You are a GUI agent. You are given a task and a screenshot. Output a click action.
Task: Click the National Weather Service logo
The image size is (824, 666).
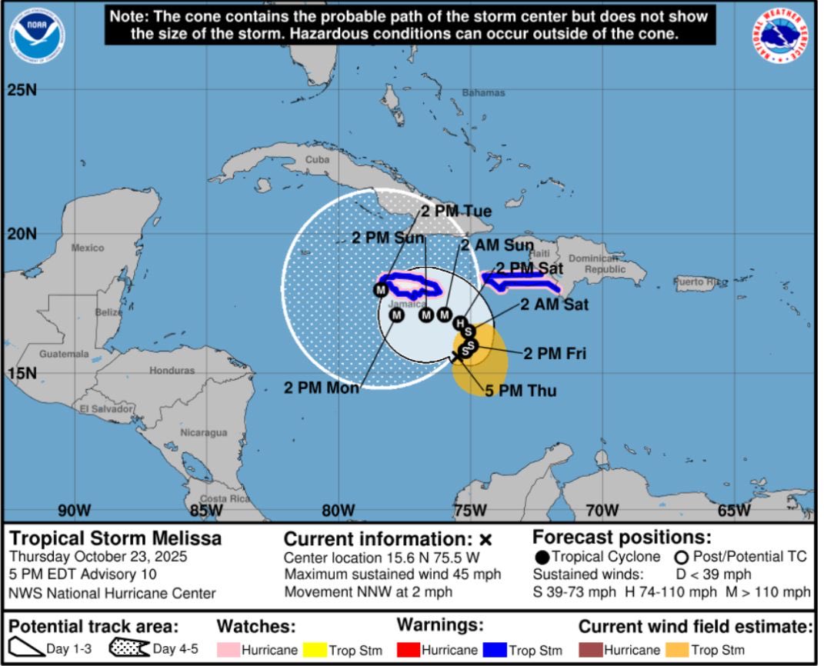click(x=780, y=36)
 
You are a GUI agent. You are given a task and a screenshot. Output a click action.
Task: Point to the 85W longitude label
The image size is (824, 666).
click(x=205, y=510)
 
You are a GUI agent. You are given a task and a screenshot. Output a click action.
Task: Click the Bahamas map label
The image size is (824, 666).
click(x=483, y=92)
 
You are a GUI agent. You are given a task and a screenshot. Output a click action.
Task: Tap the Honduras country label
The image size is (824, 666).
click(x=172, y=370)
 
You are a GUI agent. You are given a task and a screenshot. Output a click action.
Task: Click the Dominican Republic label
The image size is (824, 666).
click(x=605, y=264)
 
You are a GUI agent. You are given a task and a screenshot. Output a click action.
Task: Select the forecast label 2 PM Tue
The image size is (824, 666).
click(x=455, y=210)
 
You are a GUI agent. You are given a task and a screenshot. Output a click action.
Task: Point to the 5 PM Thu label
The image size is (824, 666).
click(x=520, y=391)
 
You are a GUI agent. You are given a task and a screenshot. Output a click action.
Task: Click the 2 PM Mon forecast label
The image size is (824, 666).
click(x=322, y=388)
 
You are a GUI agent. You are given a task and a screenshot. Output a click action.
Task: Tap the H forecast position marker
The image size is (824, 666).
click(x=459, y=322)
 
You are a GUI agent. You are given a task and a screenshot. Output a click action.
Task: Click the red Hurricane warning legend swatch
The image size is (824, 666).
click(x=409, y=650)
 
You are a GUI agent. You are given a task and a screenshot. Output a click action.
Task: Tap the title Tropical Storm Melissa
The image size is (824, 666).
click(x=115, y=538)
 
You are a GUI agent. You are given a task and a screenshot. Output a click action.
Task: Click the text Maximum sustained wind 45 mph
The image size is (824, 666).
click(x=392, y=574)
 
